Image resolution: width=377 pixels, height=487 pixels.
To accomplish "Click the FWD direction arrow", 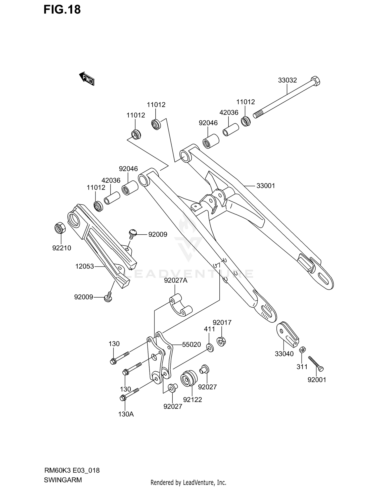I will coord(87,79).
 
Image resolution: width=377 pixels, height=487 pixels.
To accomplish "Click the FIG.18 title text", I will coord(62,10).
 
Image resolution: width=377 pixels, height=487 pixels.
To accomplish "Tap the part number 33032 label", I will coord(287,80).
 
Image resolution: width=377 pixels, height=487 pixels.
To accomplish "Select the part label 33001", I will coord(266,186).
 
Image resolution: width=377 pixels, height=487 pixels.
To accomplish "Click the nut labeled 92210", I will coord(60,228).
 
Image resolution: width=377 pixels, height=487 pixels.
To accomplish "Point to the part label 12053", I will coord(84,266).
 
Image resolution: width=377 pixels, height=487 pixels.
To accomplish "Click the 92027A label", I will coord(176,280).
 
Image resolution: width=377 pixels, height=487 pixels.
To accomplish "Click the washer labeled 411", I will coord(210,347).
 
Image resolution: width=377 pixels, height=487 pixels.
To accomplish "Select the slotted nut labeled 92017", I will coord(221,341).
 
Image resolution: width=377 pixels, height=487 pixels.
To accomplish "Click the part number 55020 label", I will coord(191,344).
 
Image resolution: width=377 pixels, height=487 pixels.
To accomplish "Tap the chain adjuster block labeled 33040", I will coord(287,333).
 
